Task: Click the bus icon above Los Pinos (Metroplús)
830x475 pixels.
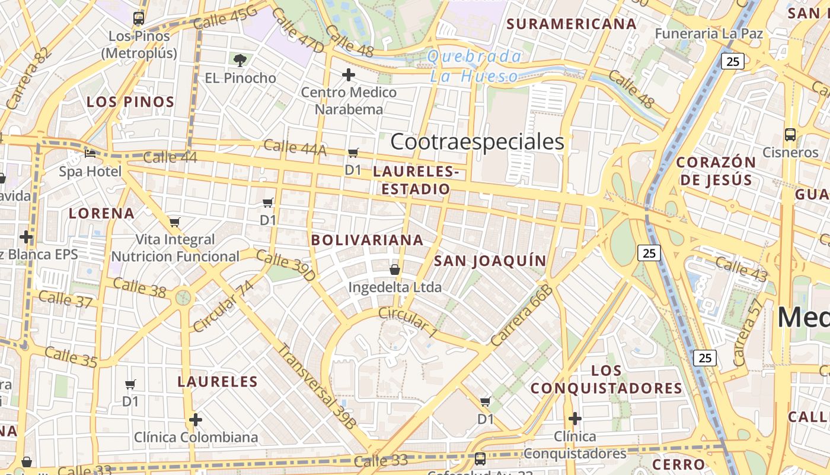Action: tap(139, 18)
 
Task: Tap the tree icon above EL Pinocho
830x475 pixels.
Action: tap(240, 60)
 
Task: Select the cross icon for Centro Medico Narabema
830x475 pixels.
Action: tap(349, 75)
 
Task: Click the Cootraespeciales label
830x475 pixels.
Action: tap(477, 142)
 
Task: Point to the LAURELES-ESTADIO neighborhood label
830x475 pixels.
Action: tap(416, 180)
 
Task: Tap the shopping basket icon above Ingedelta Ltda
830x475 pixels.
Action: tap(395, 270)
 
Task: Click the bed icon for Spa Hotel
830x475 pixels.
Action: tap(90, 154)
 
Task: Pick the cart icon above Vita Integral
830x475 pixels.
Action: tap(175, 222)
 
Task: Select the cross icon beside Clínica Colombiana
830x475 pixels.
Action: tap(196, 420)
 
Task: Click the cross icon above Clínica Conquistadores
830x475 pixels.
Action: tap(574, 419)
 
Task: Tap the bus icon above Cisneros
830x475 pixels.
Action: tap(790, 135)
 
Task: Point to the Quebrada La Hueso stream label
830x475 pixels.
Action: tap(475, 66)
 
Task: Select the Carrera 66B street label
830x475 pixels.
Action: tap(522, 316)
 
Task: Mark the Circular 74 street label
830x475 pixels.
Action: tap(223, 306)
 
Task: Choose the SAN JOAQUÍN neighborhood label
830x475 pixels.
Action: tap(490, 261)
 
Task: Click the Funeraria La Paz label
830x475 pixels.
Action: tap(708, 34)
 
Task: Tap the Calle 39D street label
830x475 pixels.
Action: tap(286, 265)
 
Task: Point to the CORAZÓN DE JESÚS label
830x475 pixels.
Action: tap(716, 171)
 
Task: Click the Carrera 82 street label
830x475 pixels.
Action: tap(27, 78)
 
